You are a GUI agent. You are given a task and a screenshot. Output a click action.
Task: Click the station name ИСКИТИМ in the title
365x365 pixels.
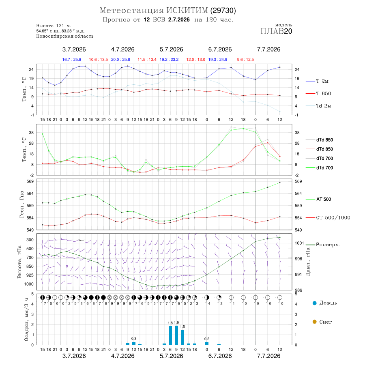pos(187,11)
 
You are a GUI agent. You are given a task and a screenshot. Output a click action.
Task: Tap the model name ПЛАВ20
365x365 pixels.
pos(276,31)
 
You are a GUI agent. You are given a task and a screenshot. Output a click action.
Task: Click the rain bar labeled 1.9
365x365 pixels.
pos(176,335)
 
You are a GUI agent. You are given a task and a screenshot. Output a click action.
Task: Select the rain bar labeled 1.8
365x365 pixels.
pos(170,335)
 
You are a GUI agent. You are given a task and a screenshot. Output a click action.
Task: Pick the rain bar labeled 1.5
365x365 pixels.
pos(182,337)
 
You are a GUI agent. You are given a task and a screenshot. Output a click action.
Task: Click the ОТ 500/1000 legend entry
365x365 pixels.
pos(328,218)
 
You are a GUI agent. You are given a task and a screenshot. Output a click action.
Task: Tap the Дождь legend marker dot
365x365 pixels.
pos(314,303)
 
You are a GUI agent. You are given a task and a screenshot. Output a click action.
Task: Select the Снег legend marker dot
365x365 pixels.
pos(314,322)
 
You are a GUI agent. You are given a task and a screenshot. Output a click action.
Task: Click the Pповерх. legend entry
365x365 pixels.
pos(323,245)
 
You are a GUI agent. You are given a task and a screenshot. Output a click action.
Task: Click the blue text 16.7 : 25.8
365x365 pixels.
pos(72,60)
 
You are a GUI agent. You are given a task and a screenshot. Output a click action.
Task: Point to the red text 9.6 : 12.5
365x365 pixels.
pos(245,60)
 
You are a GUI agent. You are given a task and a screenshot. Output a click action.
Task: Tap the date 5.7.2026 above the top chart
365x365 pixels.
pos(171,49)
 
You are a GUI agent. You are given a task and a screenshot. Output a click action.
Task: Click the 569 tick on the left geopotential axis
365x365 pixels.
pos(30,181)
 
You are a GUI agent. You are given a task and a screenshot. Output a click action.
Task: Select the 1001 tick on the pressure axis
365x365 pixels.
pos(299,243)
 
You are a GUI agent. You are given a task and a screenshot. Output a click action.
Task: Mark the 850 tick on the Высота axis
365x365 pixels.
pos(30,266)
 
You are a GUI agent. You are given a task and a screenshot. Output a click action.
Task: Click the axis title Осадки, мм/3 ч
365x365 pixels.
pos(26,320)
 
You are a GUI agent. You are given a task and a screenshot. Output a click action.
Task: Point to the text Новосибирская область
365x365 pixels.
pos(65,36)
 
